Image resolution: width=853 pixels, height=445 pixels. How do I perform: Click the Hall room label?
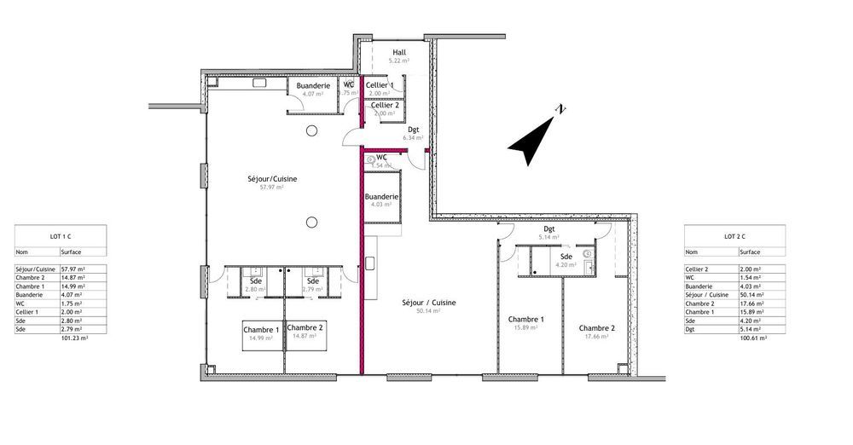399,52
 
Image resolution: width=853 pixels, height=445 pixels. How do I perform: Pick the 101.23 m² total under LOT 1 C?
76,338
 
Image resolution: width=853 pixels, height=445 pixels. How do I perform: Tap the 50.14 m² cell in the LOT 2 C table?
753,294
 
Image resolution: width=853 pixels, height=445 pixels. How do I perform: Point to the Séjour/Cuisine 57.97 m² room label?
272,179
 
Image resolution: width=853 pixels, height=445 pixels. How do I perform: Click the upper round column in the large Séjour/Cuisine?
312,130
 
